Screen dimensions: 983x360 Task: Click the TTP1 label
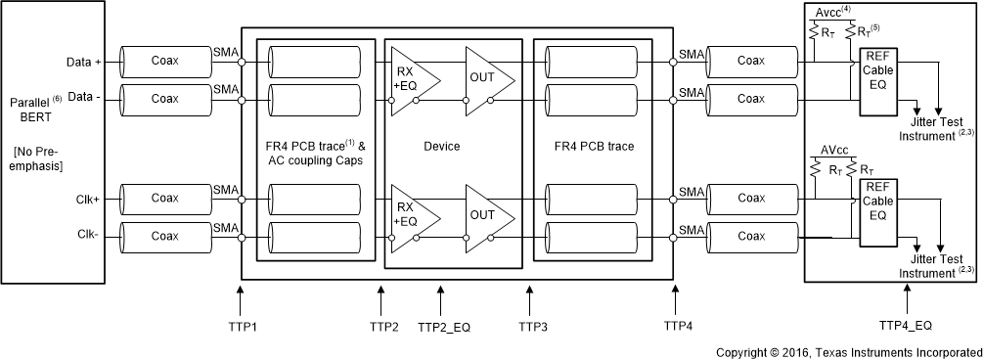tap(242, 327)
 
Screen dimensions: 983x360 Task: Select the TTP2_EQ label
tap(444, 327)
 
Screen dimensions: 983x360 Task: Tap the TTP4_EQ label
tap(906, 325)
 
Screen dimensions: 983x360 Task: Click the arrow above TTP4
tap(675, 300)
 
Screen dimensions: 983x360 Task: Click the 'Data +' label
tap(84, 62)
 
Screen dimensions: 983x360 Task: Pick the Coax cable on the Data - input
tap(166, 99)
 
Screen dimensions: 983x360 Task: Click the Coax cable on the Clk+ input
tap(166, 198)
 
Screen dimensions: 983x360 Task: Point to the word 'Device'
tap(442, 147)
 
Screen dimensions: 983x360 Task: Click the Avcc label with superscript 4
tap(831, 12)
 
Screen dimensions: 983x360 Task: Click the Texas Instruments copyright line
tap(849, 352)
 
